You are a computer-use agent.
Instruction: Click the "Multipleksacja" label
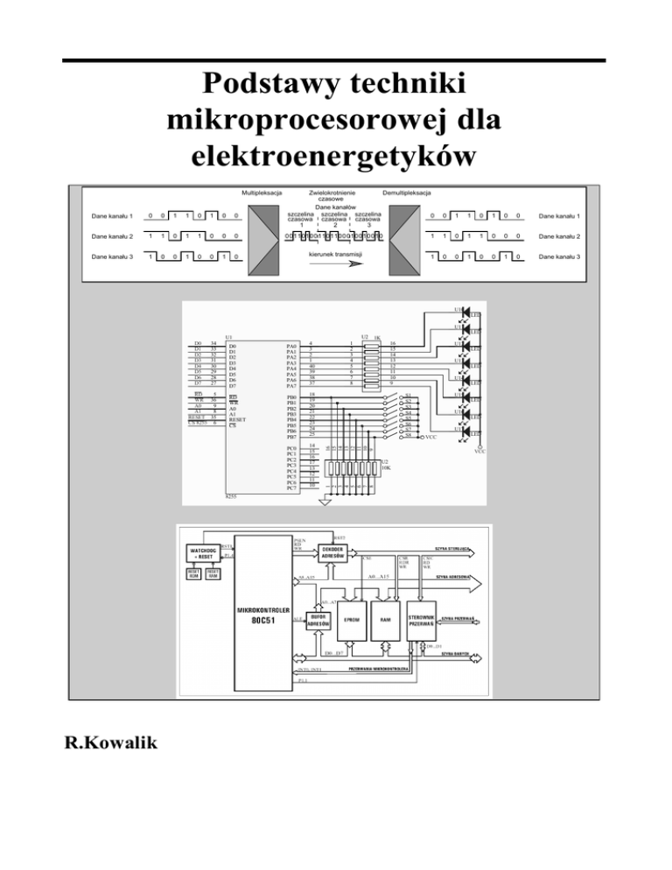[x=261, y=192]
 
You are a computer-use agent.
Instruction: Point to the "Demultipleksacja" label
[x=406, y=192]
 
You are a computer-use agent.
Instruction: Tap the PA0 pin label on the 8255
[x=292, y=346]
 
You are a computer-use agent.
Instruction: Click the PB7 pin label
[x=292, y=436]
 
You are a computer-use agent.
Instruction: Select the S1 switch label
[x=408, y=396]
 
